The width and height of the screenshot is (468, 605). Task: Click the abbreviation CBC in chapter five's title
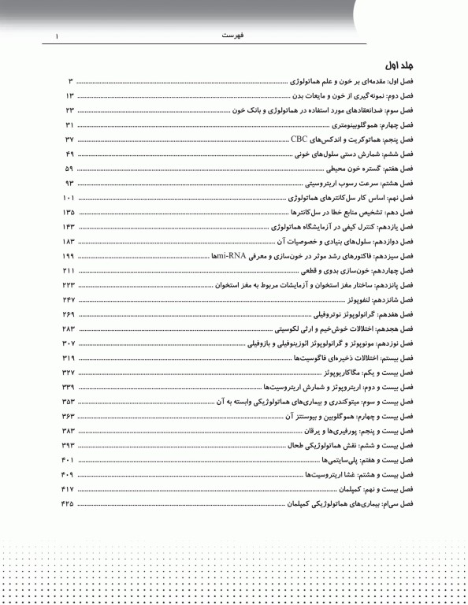(299, 139)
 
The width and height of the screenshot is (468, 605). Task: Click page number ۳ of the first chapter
(70, 81)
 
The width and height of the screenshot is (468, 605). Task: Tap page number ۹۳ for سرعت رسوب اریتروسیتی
(69, 183)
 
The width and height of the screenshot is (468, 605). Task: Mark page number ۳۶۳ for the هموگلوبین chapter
(66, 415)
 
